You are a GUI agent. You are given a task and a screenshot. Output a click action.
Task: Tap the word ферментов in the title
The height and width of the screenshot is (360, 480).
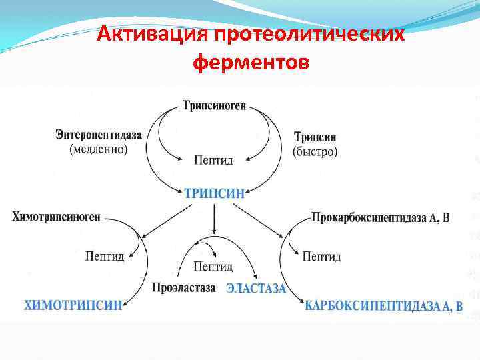tap(250, 63)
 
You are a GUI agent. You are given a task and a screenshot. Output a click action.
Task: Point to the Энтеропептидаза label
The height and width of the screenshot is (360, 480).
tap(99, 135)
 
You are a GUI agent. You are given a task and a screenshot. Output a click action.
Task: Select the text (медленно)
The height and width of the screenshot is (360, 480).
tap(99, 149)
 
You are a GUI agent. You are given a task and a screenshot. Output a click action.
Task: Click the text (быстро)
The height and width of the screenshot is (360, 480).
tap(315, 151)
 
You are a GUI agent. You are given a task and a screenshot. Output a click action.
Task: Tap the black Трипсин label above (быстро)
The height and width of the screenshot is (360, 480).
tap(315, 137)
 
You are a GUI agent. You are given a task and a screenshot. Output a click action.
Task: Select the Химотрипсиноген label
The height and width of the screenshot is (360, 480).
tap(56, 217)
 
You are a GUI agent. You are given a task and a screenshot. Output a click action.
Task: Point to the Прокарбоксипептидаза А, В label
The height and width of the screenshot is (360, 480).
tap(381, 217)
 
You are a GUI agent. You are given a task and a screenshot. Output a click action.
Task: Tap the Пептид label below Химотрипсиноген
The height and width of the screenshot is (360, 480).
tap(105, 256)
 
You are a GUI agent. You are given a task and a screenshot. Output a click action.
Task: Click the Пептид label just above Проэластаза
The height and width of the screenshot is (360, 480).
tap(213, 267)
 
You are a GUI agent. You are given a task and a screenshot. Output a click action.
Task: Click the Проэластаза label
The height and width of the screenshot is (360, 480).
tap(184, 289)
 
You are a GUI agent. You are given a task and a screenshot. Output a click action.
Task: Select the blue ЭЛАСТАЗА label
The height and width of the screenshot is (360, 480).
tap(256, 289)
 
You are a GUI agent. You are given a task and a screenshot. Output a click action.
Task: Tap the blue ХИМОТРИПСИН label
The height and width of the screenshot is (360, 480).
tap(73, 306)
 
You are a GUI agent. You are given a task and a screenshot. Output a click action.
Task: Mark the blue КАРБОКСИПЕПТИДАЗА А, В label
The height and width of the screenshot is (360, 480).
tap(383, 306)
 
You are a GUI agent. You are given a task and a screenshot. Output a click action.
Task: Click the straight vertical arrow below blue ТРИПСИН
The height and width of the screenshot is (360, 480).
tap(213, 219)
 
